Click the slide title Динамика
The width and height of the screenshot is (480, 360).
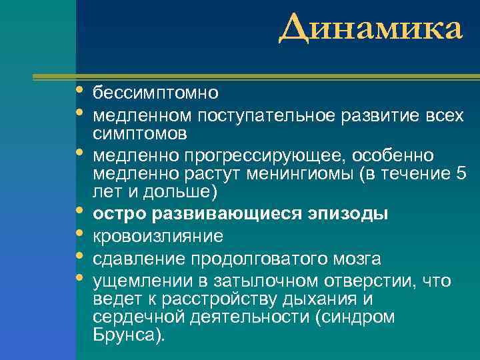[370, 29]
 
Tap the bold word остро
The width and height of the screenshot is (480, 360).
[119, 215]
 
